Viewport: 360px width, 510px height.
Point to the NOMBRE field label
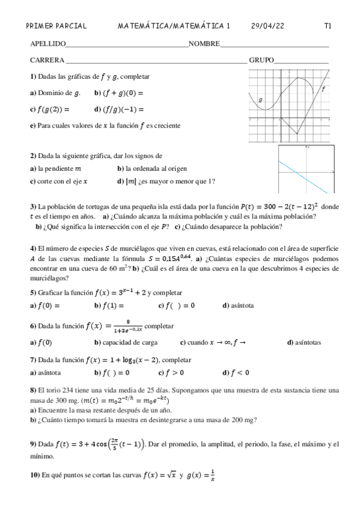point(204,44)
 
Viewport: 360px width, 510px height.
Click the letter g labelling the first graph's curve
point(260,99)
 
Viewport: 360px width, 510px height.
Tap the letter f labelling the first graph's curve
point(324,88)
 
